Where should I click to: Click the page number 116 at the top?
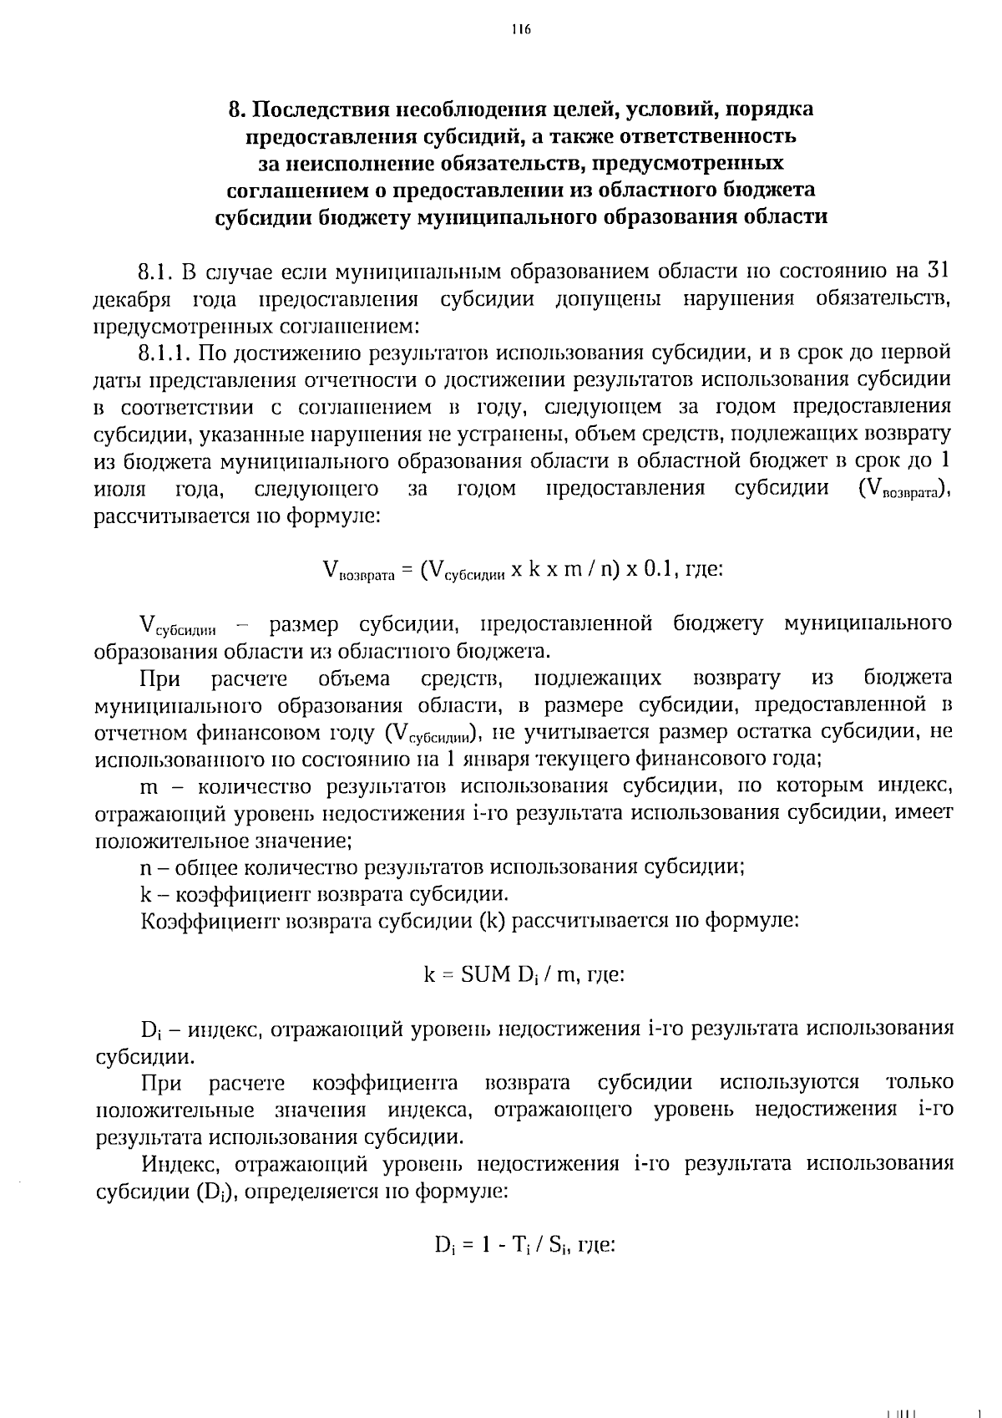521,30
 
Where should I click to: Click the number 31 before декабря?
939,272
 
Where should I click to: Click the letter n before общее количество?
145,867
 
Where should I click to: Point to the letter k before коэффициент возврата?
145,894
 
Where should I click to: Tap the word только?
919,1083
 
